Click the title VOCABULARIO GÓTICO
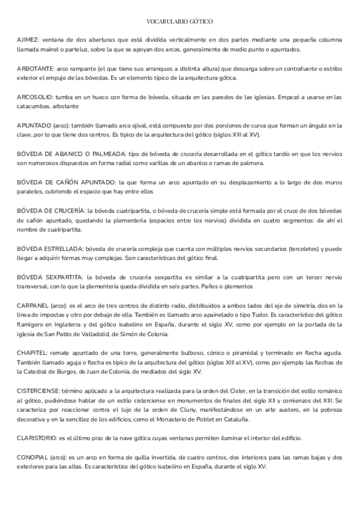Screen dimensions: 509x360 click(179, 21)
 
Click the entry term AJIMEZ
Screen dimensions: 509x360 click(28, 40)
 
